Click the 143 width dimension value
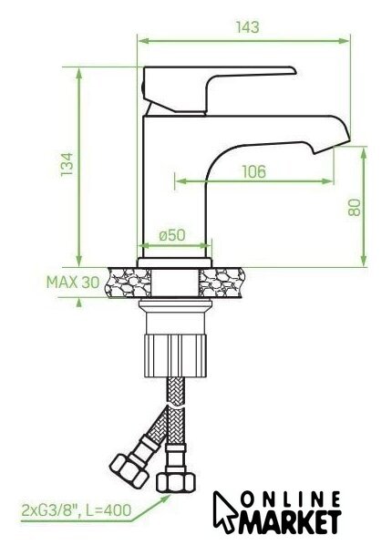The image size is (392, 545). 248,27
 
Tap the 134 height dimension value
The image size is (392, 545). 67,164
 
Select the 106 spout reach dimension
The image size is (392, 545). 254,171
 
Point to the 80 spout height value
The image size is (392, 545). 354,208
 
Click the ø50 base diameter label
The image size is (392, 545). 172,235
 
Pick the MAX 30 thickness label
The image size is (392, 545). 73,283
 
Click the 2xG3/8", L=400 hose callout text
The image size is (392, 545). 77,510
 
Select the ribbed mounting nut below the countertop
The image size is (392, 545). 176,355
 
